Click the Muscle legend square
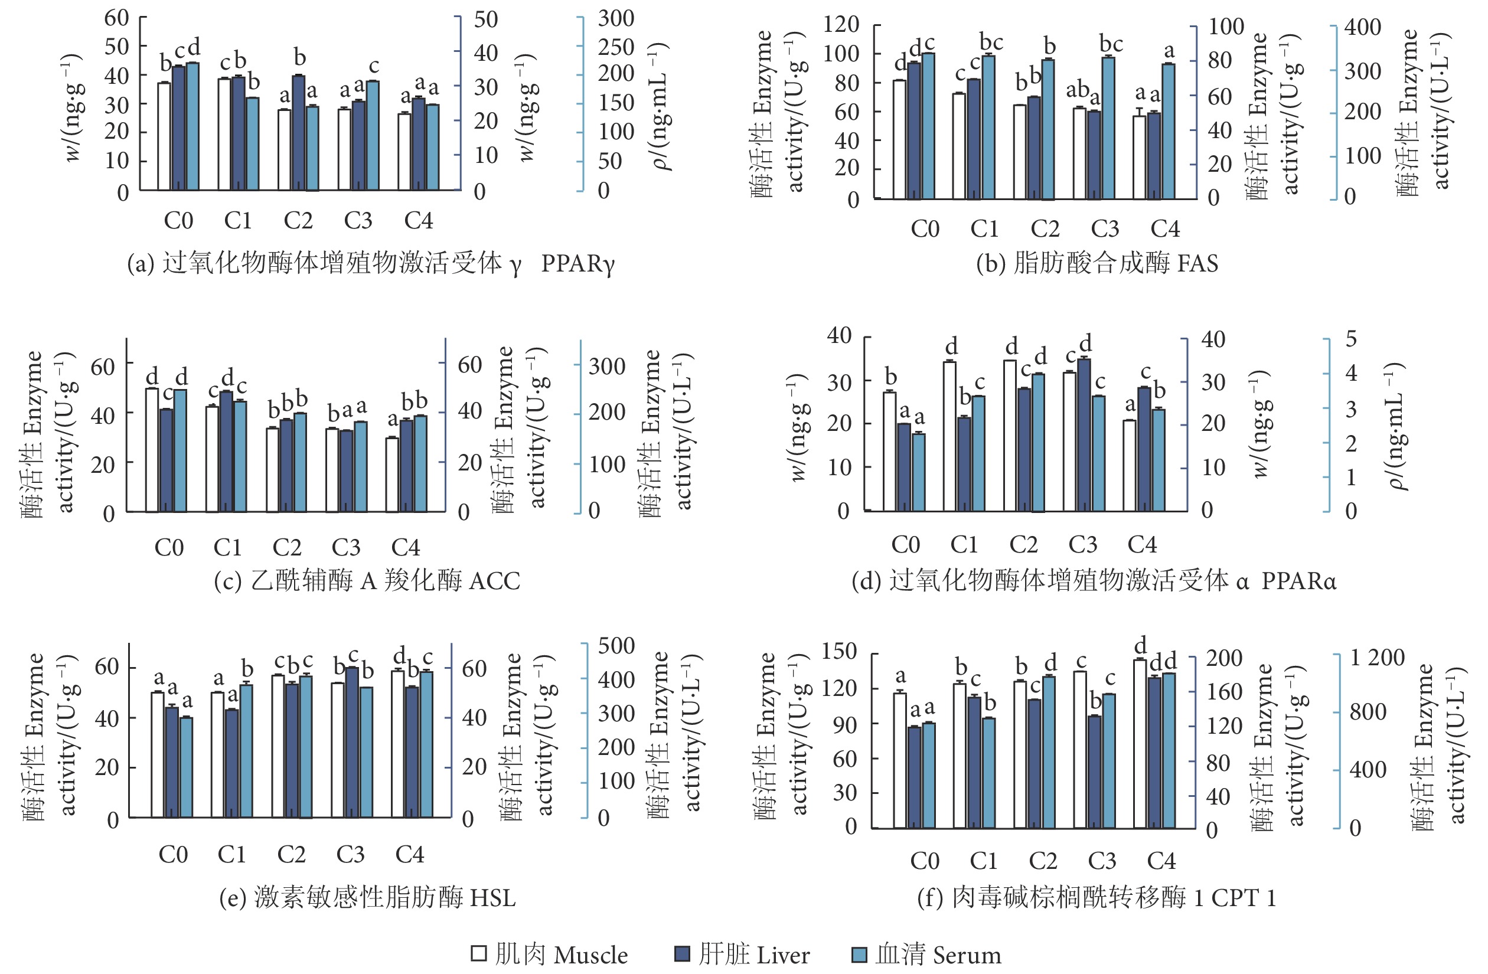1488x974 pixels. pyautogui.click(x=478, y=953)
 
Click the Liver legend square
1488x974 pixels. pyautogui.click(x=682, y=953)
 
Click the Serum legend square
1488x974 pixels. pyautogui.click(x=860, y=955)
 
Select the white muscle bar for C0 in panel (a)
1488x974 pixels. pyautogui.click(x=164, y=136)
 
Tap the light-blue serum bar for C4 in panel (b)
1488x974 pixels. pyautogui.click(x=1168, y=131)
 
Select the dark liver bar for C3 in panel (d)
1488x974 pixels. pyautogui.click(x=1084, y=435)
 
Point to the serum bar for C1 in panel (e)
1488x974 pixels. pyautogui.click(x=246, y=750)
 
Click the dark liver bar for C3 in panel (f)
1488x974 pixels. pyautogui.click(x=1095, y=772)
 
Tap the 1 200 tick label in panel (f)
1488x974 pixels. pyautogui.click(x=1378, y=657)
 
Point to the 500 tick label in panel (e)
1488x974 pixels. pyautogui.click(x=616, y=645)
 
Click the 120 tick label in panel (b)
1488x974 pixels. pyautogui.click(x=841, y=25)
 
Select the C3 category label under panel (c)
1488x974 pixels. pyautogui.click(x=346, y=548)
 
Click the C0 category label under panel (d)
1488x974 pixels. pyautogui.click(x=905, y=544)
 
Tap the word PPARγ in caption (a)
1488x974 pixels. pyautogui.click(x=577, y=263)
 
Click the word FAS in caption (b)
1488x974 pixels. pyautogui.click(x=1198, y=263)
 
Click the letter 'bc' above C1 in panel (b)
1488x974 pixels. pyautogui.click(x=991, y=43)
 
